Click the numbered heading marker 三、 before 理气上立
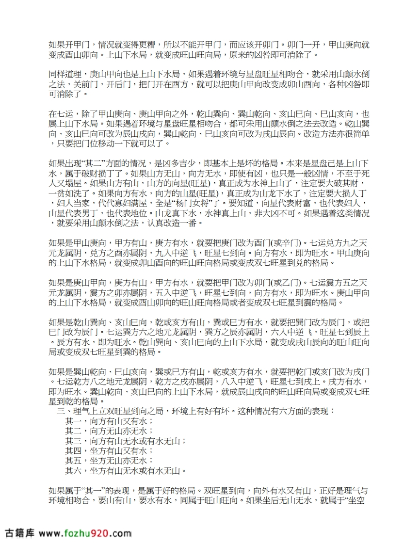click(62, 411)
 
